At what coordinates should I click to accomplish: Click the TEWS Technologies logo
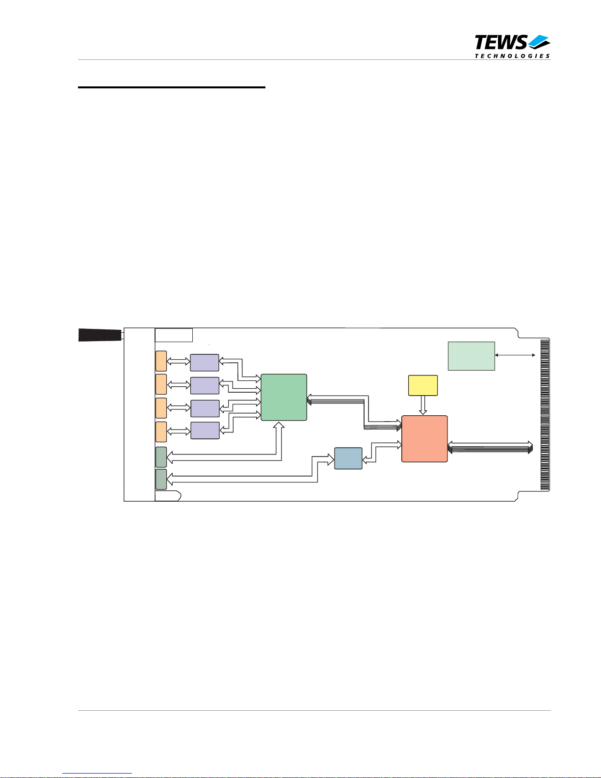[512, 47]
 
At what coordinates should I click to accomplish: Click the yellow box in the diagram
[423, 385]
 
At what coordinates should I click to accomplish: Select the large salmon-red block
[424, 439]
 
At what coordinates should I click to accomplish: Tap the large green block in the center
[284, 397]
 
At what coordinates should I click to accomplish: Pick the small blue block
[348, 458]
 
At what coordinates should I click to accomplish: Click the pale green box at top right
[471, 356]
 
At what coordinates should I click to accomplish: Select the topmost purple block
[204, 363]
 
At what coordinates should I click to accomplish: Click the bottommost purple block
[205, 430]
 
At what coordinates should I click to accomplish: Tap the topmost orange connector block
[161, 361]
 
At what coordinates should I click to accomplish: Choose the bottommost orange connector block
[161, 432]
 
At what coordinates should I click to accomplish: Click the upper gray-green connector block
[161, 457]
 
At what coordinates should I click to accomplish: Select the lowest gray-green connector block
[161, 479]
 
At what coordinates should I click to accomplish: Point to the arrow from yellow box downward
[423, 405]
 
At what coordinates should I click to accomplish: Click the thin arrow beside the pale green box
[515, 355]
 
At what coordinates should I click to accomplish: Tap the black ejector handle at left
[100, 335]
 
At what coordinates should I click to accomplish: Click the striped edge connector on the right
[545, 414]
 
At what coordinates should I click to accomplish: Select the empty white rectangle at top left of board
[174, 335]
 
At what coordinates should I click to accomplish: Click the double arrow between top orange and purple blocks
[179, 362]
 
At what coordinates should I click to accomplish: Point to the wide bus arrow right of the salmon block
[490, 447]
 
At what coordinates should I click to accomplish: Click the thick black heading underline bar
[172, 87]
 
